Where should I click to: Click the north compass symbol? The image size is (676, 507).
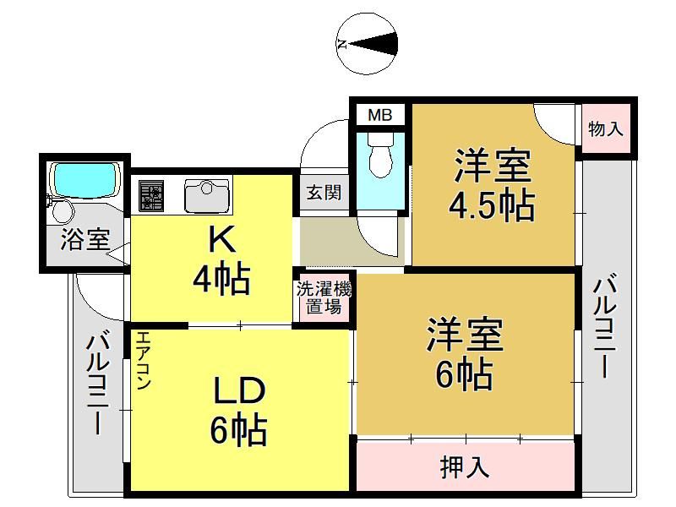pyautogui.click(x=367, y=45)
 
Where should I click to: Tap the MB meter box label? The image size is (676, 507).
pyautogui.click(x=379, y=115)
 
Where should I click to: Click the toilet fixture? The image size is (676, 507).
pyautogui.click(x=381, y=155)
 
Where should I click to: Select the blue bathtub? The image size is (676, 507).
pyautogui.click(x=84, y=180)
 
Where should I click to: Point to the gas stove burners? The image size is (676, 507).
pyautogui.click(x=151, y=196)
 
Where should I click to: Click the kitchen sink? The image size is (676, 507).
pyautogui.click(x=207, y=196)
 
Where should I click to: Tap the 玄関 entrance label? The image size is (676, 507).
pyautogui.click(x=324, y=193)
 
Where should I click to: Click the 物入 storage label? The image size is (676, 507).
pyautogui.click(x=606, y=128)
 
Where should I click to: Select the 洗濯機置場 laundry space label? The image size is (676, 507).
pyautogui.click(x=324, y=298)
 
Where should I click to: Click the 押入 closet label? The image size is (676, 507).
pyautogui.click(x=465, y=466)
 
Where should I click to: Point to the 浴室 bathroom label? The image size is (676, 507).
pyautogui.click(x=85, y=239)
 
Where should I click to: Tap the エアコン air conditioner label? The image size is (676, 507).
pyautogui.click(x=143, y=360)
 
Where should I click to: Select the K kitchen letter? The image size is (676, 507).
pyautogui.click(x=221, y=240)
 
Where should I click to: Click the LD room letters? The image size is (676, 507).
pyautogui.click(x=239, y=390)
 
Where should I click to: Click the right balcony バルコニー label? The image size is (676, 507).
pyautogui.click(x=605, y=328)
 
